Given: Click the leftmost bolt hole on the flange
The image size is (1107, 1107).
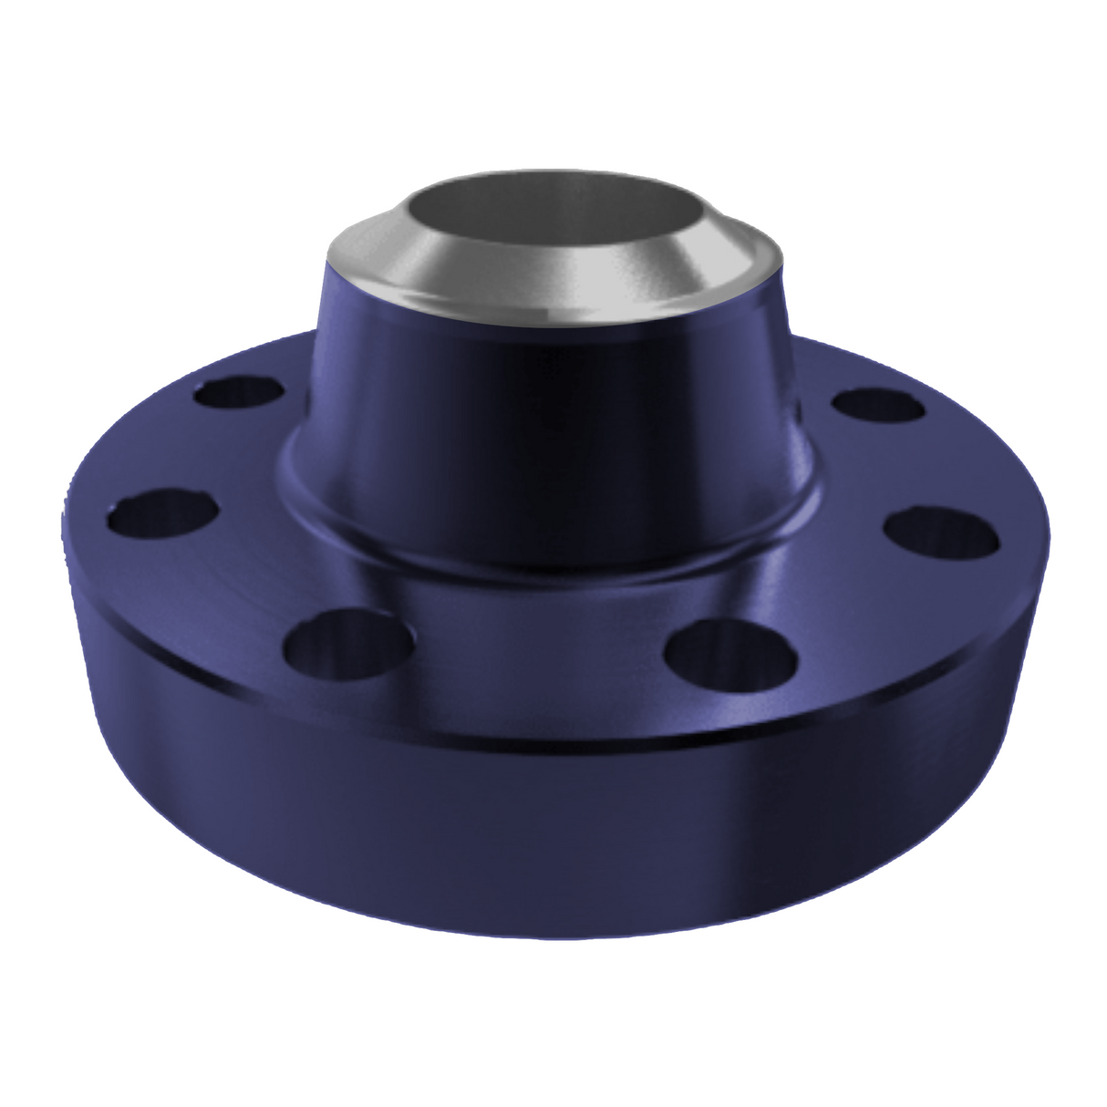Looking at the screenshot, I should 163,515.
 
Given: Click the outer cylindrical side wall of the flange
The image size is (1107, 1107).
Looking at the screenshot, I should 547,821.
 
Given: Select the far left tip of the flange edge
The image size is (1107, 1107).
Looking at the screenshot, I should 66,511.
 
